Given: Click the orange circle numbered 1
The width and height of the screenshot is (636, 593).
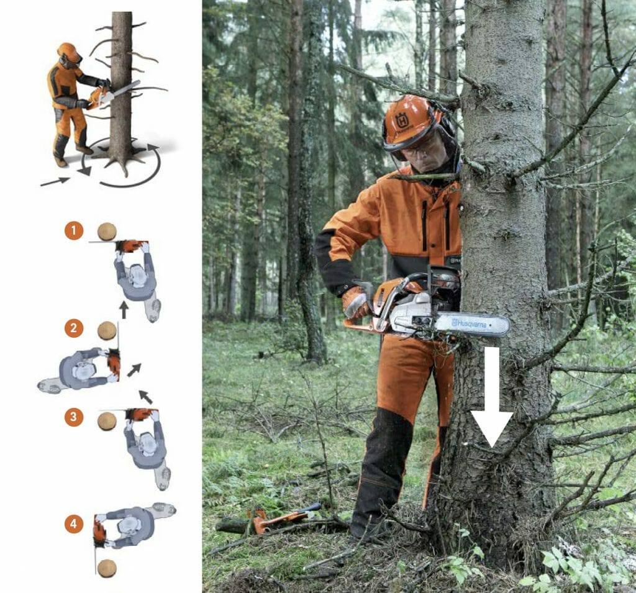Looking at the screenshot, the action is (x=73, y=231).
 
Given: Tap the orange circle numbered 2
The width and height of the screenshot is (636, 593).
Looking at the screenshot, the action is (x=73, y=328).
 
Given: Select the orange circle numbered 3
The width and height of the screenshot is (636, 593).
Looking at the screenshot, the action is (x=73, y=417).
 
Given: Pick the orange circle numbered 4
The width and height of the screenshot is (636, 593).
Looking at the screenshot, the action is (x=73, y=523).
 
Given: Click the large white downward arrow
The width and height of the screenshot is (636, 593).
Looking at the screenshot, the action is (x=492, y=397).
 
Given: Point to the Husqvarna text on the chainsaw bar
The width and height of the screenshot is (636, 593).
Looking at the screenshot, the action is (x=469, y=324).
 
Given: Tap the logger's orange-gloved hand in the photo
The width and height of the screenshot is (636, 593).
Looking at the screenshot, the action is (x=356, y=303).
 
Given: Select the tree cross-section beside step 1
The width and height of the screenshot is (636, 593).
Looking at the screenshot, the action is (x=107, y=232).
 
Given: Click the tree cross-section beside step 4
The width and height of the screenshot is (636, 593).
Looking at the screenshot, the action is (x=107, y=568).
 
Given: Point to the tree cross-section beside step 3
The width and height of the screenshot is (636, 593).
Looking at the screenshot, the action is (x=107, y=421).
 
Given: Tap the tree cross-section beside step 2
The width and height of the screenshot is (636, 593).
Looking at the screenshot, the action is (x=107, y=330).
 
